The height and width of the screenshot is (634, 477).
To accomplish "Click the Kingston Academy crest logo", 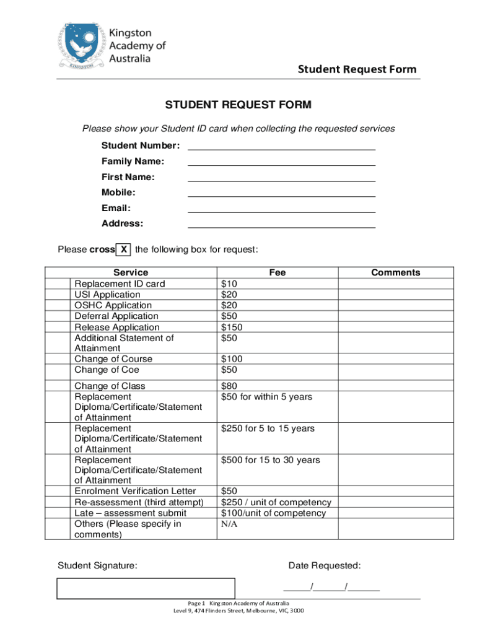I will pos(82,46).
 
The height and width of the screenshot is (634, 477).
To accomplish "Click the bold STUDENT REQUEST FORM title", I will pos(238,105).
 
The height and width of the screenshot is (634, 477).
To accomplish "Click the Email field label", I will pos(116,208).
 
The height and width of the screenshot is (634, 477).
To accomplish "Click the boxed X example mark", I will pos(124,250).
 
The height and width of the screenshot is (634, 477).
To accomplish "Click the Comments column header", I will pos(395,272).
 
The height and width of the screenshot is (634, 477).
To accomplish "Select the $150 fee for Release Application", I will pos(232,327).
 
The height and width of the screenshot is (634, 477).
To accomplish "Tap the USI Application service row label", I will pos(107,295).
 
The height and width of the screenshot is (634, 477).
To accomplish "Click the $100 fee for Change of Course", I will pos(232,359).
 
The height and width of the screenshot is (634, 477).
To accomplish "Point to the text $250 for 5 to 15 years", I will pos(268,428).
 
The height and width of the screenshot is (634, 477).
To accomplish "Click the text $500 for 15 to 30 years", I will pos(270,460).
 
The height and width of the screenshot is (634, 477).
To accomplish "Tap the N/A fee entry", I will pos(229,524).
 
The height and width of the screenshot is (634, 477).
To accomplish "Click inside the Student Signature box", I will pos(146,589).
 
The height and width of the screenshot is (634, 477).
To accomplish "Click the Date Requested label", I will pos(324,565).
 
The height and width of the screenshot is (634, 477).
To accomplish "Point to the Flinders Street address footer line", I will pos(239,611).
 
